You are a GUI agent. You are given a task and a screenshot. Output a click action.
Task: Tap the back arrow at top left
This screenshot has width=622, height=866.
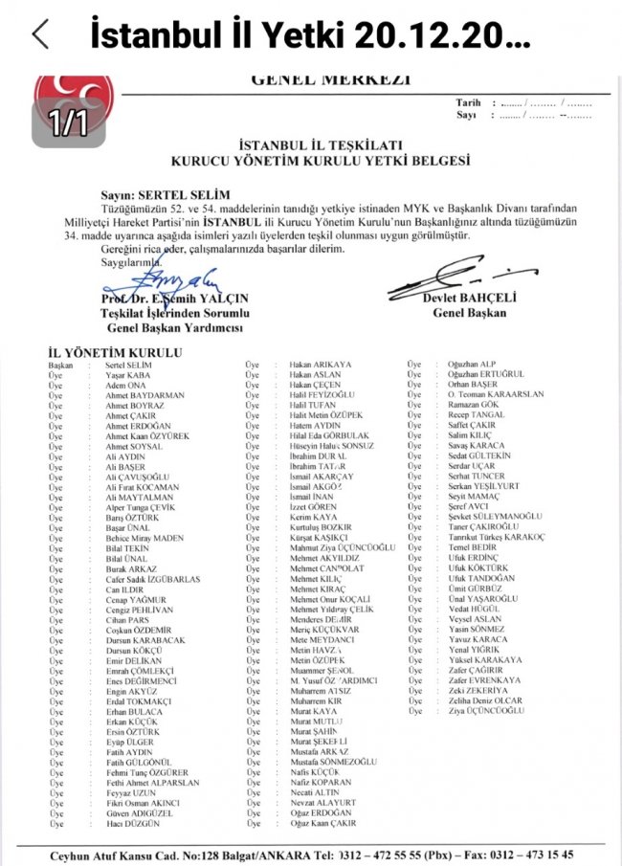point(40,34)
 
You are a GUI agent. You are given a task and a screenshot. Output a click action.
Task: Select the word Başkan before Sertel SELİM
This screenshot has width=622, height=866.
point(60,366)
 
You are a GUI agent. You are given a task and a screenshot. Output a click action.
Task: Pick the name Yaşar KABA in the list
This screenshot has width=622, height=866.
point(127,376)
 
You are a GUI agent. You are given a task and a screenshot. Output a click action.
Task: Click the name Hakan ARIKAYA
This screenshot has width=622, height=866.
point(322,366)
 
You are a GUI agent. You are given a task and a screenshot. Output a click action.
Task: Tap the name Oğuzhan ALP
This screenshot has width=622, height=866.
point(474,366)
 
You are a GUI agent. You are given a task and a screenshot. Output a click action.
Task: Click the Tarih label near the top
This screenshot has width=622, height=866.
point(468,102)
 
